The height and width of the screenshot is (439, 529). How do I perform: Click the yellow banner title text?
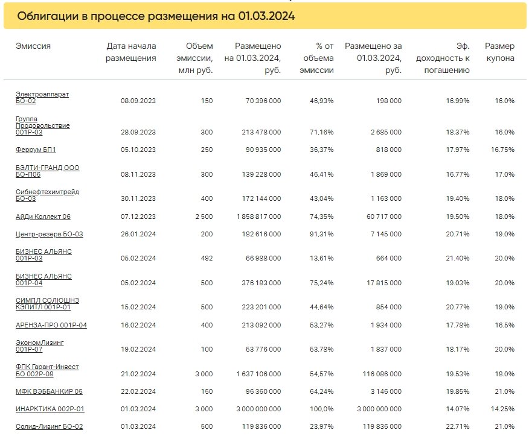coord(156,16)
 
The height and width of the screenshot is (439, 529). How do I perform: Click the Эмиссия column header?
coord(33,46)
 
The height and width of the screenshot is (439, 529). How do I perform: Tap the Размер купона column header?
coord(499,52)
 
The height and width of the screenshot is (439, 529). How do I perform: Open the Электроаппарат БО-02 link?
coord(42,97)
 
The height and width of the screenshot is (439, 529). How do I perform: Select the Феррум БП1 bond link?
coord(36,150)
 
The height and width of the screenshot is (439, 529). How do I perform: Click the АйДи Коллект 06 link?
coord(43,216)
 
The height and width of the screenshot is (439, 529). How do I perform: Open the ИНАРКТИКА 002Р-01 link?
coord(50,409)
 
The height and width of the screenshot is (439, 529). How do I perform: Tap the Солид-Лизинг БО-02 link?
coord(50,426)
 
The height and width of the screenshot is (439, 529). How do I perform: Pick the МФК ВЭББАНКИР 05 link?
coord(50,391)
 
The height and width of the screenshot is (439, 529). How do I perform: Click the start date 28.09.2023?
coord(138,132)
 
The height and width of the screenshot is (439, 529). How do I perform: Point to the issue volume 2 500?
coord(204,216)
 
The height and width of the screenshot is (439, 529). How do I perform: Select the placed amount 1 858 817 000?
coord(259,216)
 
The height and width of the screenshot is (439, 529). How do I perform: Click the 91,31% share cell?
coord(321,234)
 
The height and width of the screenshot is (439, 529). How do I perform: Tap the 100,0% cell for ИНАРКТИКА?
coord(321,409)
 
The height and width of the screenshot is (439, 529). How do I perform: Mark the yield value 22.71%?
coord(458,426)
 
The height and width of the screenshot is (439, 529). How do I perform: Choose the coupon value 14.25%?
coord(502,409)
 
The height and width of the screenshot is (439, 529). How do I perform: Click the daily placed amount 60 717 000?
coord(384,216)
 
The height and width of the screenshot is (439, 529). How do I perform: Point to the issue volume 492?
coord(207,259)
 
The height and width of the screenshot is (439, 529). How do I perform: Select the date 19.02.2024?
coord(138,349)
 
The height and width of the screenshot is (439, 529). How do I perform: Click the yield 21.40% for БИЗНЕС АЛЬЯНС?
coord(458,259)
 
